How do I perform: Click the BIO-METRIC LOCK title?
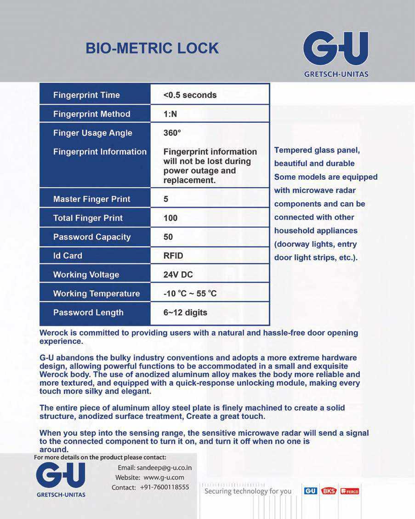[x=152, y=48]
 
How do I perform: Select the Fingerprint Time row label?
[x=86, y=95]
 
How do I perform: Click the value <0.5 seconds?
[x=190, y=95]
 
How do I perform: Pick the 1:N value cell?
[x=170, y=114]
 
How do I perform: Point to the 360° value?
[x=172, y=133]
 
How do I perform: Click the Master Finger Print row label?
[x=91, y=199]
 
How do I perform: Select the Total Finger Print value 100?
[x=171, y=218]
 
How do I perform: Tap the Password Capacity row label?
[x=92, y=237]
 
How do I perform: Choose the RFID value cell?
[x=173, y=256]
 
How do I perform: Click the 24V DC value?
[x=178, y=274]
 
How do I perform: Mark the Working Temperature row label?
[x=97, y=293]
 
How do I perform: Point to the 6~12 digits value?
[x=185, y=313]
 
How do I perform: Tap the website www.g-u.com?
[x=164, y=478]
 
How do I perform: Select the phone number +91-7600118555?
[x=165, y=487]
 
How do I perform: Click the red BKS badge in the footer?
[x=329, y=491]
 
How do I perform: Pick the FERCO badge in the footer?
[x=350, y=491]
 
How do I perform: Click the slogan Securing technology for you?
[x=248, y=491]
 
